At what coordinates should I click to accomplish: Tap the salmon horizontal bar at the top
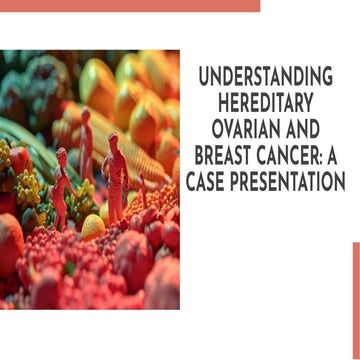coord(130,5)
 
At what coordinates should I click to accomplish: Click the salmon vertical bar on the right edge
coord(355,300)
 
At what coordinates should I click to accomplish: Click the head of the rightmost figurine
coord(112,139)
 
